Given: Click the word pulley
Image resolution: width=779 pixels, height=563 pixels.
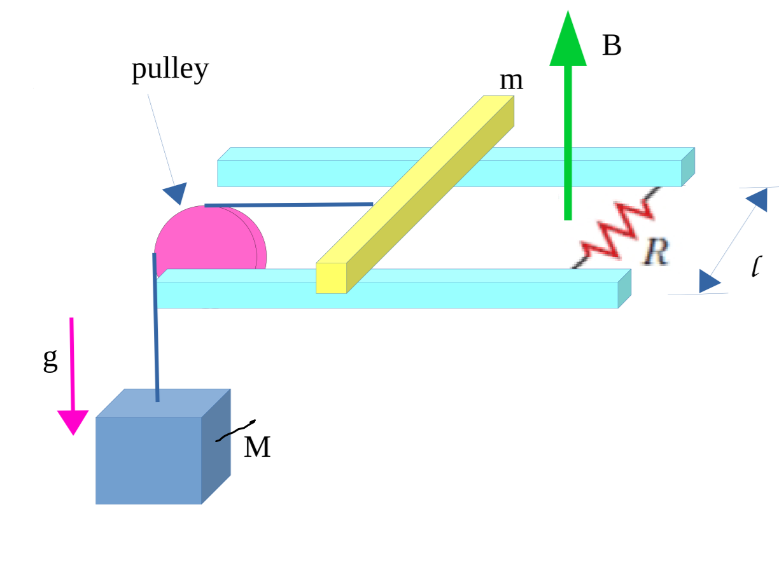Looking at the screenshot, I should tap(170, 69).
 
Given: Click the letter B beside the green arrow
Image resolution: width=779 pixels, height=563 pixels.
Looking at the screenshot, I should tap(612, 46).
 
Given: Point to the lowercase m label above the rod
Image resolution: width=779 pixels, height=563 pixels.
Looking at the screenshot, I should tap(511, 81).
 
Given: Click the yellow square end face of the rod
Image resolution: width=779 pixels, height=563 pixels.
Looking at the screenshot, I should tap(331, 279).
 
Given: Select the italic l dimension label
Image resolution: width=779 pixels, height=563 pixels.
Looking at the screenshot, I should tap(755, 267).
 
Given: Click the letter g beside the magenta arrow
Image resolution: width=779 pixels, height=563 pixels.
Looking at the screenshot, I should tap(50, 359).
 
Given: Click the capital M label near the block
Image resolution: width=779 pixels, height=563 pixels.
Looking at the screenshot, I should tap(257, 447).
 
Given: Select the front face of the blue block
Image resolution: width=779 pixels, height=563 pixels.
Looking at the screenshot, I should tap(148, 461).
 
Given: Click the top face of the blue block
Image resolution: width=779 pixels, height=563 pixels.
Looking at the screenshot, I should tap(162, 403).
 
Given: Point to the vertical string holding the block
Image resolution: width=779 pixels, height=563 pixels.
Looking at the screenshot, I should tap(156, 331).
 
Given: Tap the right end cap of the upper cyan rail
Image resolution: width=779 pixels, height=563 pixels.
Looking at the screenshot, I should tap(688, 167).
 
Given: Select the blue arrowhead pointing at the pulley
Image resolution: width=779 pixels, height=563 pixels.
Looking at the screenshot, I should tap(176, 193).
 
